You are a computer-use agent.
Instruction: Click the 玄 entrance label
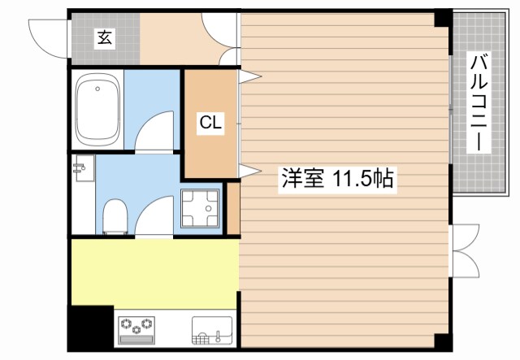[x=105, y=37]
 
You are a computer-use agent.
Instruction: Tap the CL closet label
[x=210, y=124]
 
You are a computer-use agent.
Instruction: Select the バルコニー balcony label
[x=479, y=102]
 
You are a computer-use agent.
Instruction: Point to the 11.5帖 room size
[x=362, y=179]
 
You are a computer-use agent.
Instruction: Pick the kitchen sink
[x=214, y=332]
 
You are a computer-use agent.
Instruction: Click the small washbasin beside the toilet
[x=82, y=169]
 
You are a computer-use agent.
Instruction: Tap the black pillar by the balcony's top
[x=442, y=18]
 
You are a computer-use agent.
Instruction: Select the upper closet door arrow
[x=250, y=77]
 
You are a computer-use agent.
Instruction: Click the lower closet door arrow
[x=250, y=170]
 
